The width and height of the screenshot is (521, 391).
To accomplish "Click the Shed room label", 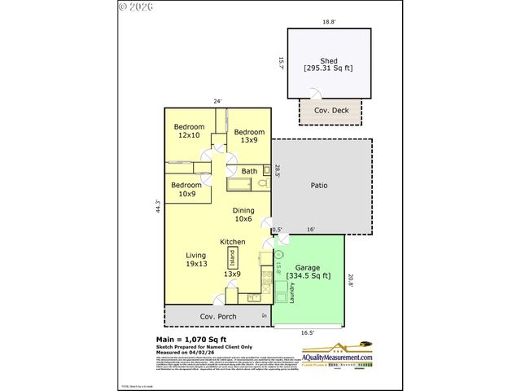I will click(329, 61).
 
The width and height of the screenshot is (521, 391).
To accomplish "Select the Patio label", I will click(319, 185).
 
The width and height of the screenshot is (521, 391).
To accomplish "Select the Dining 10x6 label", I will click(244, 213).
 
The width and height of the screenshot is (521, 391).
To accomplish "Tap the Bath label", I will click(249, 171).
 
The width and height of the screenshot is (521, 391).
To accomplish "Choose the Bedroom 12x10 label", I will click(189, 131).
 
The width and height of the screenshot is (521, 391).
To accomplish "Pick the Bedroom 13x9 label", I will click(249, 136).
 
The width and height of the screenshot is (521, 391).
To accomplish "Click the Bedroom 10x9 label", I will click(186, 190).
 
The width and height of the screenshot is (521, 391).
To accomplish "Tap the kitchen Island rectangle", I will click(232, 258).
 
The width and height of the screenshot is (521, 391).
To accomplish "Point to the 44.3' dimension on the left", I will click(158, 207).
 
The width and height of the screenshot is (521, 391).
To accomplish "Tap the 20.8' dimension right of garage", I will click(351, 279).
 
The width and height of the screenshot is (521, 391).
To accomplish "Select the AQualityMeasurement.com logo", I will click(337, 354).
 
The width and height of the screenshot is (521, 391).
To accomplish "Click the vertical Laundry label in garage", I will click(290, 292).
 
